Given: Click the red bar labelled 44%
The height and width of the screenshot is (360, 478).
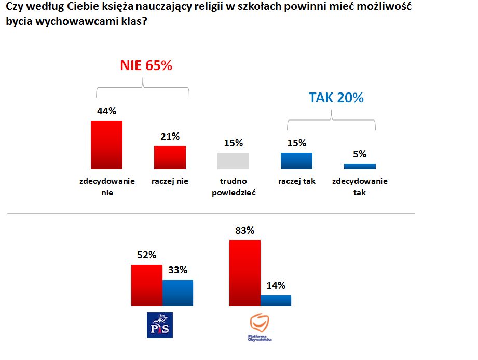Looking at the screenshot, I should [107, 144].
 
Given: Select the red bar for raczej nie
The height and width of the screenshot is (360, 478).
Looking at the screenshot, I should [170, 157].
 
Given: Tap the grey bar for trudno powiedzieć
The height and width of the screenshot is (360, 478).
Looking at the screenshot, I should [233, 161].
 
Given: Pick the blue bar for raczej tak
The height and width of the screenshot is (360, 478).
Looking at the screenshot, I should [296, 161].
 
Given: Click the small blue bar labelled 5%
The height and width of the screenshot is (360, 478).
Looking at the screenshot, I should [360, 166].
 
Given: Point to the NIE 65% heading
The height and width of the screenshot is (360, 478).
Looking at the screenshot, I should [146, 66].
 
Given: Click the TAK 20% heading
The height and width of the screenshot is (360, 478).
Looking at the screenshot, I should [336, 98].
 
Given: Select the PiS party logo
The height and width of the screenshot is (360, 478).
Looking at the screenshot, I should [160, 325].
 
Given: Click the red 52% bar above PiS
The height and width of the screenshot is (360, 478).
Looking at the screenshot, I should [147, 285].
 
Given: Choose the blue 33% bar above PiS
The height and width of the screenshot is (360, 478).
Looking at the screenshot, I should [177, 293].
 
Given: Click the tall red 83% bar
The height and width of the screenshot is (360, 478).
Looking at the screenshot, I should [244, 273].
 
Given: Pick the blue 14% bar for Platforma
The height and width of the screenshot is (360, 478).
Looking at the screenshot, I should [276, 300].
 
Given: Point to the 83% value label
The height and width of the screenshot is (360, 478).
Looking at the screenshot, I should [244, 231].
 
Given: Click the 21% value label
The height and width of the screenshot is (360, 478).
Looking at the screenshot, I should [170, 137].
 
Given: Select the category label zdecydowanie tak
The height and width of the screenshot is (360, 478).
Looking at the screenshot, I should [360, 186].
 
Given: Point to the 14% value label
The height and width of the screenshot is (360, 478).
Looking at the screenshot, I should [276, 286].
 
